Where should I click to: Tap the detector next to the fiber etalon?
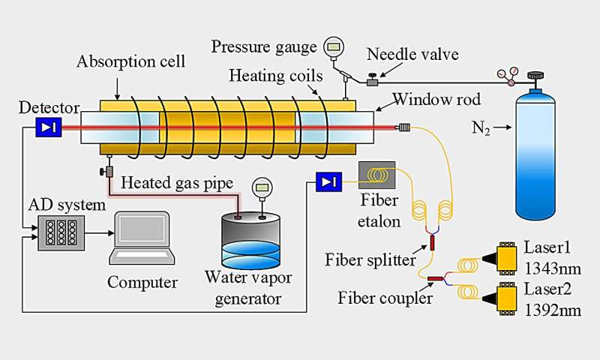click(329, 181)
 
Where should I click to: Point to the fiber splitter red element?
click(431, 242)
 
